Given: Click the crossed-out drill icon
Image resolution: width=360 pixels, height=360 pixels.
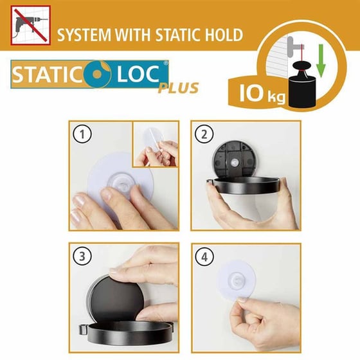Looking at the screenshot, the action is click(x=31, y=25).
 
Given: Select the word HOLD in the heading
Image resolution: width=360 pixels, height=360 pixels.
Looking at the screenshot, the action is click(x=224, y=35).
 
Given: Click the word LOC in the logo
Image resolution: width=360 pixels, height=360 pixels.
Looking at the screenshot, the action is click(x=138, y=74).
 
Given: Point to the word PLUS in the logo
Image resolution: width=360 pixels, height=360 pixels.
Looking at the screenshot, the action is click(x=178, y=88).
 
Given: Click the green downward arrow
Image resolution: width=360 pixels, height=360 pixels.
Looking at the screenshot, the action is click(x=321, y=60).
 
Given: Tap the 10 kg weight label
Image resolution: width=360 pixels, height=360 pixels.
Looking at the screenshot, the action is click(x=262, y=93).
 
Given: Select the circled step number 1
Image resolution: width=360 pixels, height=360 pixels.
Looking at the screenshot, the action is click(x=82, y=134).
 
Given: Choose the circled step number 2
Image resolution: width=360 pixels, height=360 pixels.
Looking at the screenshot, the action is click(x=204, y=134).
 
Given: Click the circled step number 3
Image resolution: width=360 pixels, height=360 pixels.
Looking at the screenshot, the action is click(x=82, y=256).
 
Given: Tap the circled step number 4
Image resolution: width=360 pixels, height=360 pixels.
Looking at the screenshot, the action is click(x=204, y=256).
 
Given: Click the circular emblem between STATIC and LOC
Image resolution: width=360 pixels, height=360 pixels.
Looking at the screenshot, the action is click(x=97, y=74).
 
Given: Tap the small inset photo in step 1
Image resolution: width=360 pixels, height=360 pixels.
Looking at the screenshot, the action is click(x=156, y=144).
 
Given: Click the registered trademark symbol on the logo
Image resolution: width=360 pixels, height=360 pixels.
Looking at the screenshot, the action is click(x=166, y=63).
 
